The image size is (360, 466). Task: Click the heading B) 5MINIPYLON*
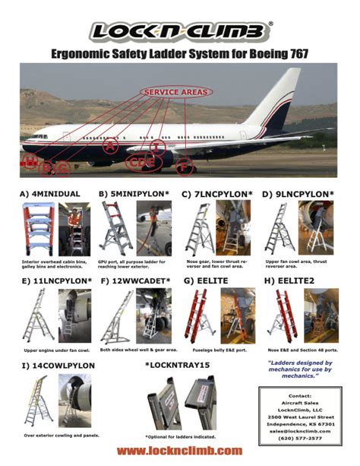click(x=131, y=194)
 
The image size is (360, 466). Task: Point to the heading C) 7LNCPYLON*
click(x=217, y=194)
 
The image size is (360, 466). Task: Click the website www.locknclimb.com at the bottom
click(x=179, y=451)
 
